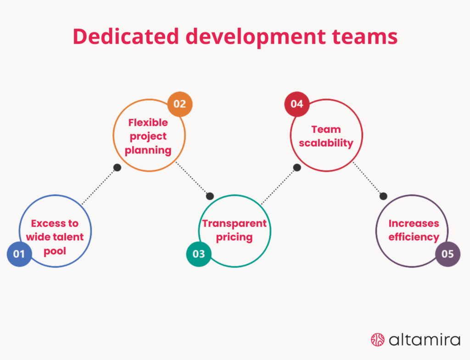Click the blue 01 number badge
(x=19, y=253)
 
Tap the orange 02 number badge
(x=179, y=104)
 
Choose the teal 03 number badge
(x=199, y=253)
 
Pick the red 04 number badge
(x=297, y=104)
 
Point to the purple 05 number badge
(x=448, y=253)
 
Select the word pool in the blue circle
(x=55, y=251)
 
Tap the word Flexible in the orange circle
(x=148, y=123)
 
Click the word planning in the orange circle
(x=148, y=150)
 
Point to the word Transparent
(x=234, y=224)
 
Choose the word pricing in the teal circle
(x=234, y=237)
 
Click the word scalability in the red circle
(x=326, y=143)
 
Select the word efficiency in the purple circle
(x=414, y=237)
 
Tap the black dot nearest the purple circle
(x=383, y=196)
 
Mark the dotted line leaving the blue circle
(x=99, y=186)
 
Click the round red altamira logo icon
(x=377, y=339)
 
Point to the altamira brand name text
(x=424, y=340)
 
